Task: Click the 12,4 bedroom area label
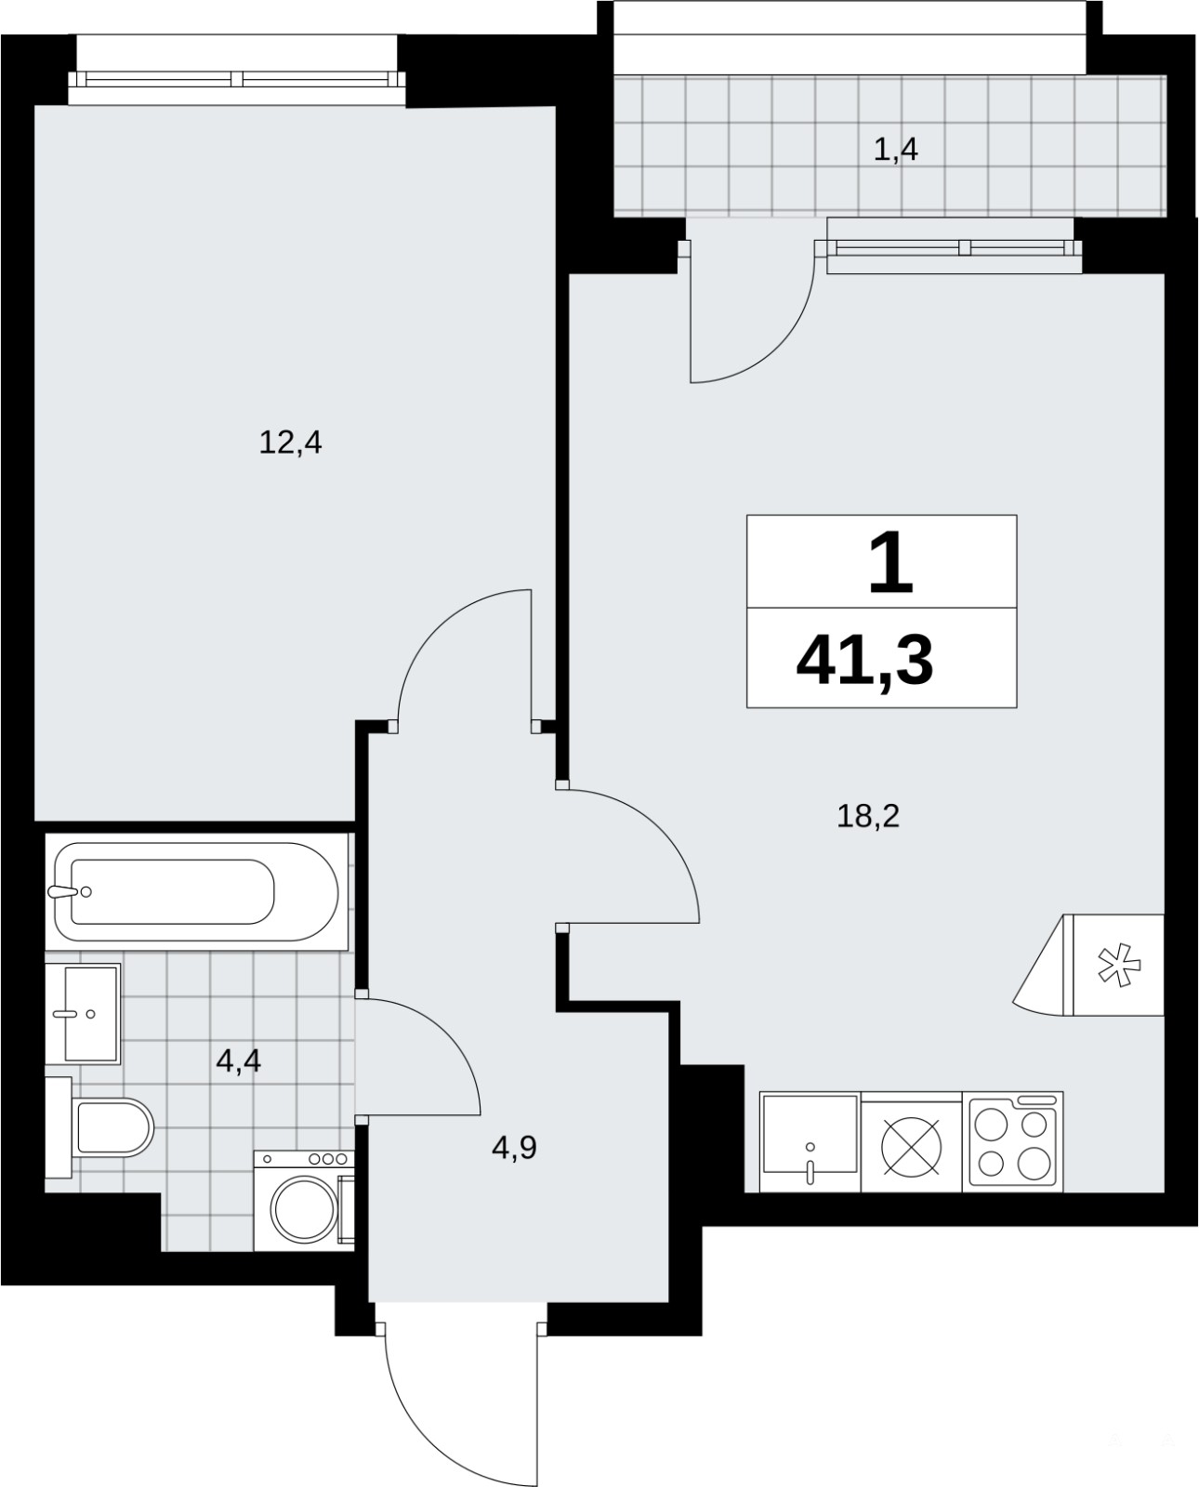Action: [290, 442]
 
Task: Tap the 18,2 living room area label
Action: [868, 816]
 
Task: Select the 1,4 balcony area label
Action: [896, 150]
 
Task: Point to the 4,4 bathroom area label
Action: [239, 1060]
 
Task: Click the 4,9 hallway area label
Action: [514, 1147]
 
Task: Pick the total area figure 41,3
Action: [864, 661]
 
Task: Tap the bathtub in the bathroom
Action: [196, 891]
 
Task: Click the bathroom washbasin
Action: [83, 1014]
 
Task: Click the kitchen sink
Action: [810, 1141]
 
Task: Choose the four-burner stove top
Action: [1012, 1141]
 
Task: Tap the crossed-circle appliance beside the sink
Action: [912, 1146]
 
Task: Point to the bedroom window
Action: [236, 80]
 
